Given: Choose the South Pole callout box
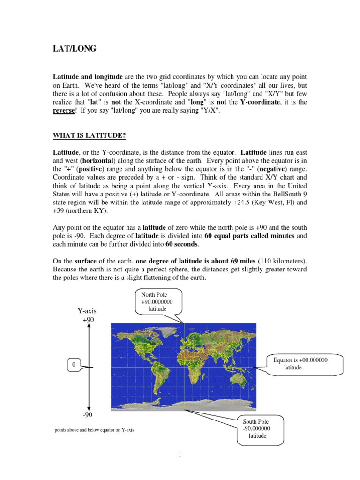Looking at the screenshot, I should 255,428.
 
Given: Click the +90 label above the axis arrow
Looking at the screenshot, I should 88,319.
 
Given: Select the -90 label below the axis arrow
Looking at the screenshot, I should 88,414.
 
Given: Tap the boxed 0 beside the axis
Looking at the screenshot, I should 73,364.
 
